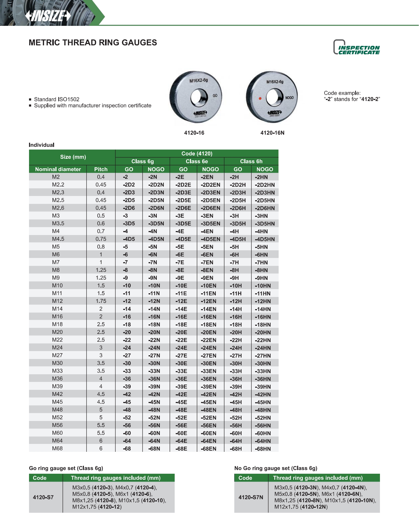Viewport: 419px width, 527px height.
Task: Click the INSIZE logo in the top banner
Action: coord(48,16)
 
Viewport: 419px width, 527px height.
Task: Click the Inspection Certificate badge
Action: coord(356,47)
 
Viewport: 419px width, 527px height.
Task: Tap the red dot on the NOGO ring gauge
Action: coord(260,98)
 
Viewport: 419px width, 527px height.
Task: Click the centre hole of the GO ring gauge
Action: coord(199,97)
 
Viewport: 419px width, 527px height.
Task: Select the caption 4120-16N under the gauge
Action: coord(272,133)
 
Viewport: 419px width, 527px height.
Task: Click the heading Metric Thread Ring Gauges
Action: coord(93,43)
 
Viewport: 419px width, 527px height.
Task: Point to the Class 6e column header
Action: coord(197,161)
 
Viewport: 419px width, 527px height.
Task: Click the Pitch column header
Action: coord(101,169)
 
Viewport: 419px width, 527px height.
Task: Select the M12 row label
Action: coord(57,301)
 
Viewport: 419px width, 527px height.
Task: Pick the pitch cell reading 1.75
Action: coord(101,301)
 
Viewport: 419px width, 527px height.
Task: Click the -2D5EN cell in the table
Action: coord(210,200)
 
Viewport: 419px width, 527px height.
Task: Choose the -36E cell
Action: coord(181,379)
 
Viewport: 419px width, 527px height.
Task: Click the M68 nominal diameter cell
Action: coord(57,448)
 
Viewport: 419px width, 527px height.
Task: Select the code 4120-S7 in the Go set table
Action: coord(43,497)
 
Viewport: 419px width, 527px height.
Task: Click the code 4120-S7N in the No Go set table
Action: coord(251,497)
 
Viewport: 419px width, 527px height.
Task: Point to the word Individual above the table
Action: coord(41,145)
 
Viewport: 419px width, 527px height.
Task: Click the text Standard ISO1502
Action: coord(56,99)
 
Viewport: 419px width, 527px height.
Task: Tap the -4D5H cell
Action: coord(237,239)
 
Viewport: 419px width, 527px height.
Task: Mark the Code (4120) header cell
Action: coord(197,154)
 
